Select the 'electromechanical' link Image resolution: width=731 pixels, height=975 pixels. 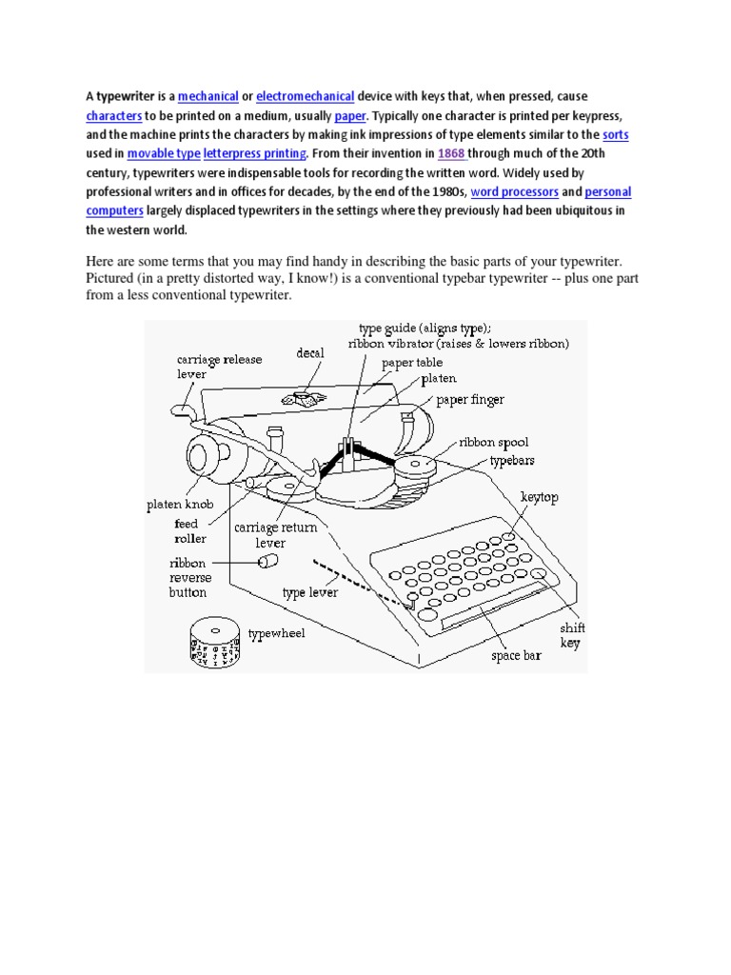(305, 96)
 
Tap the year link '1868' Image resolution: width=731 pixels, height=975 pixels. (450, 153)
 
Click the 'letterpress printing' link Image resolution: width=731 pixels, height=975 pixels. (255, 153)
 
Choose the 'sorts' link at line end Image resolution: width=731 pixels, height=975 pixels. (616, 134)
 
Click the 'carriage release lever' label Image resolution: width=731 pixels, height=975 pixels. (219, 367)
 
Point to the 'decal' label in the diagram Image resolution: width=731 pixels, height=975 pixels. (309, 352)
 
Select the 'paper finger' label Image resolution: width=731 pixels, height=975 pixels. (470, 400)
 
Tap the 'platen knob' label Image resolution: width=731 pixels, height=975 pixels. (180, 506)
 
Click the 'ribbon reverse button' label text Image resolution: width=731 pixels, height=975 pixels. (190, 577)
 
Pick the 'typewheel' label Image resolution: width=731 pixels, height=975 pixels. (276, 633)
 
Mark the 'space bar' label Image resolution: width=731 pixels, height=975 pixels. (516, 656)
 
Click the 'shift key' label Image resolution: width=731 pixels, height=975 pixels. (571, 635)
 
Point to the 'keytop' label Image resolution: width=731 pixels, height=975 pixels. (541, 497)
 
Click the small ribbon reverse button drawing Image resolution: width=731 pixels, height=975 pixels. (270, 561)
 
